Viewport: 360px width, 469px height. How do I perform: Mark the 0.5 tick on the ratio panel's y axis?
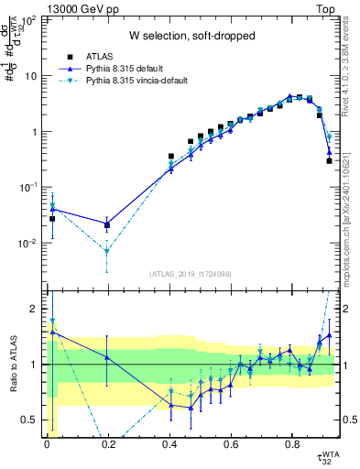(x=30, y=420)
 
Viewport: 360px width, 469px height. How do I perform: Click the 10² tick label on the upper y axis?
(x=29, y=20)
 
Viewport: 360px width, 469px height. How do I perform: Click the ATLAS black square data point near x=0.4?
(x=170, y=157)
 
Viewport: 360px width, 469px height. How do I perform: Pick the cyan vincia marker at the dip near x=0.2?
(x=108, y=251)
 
